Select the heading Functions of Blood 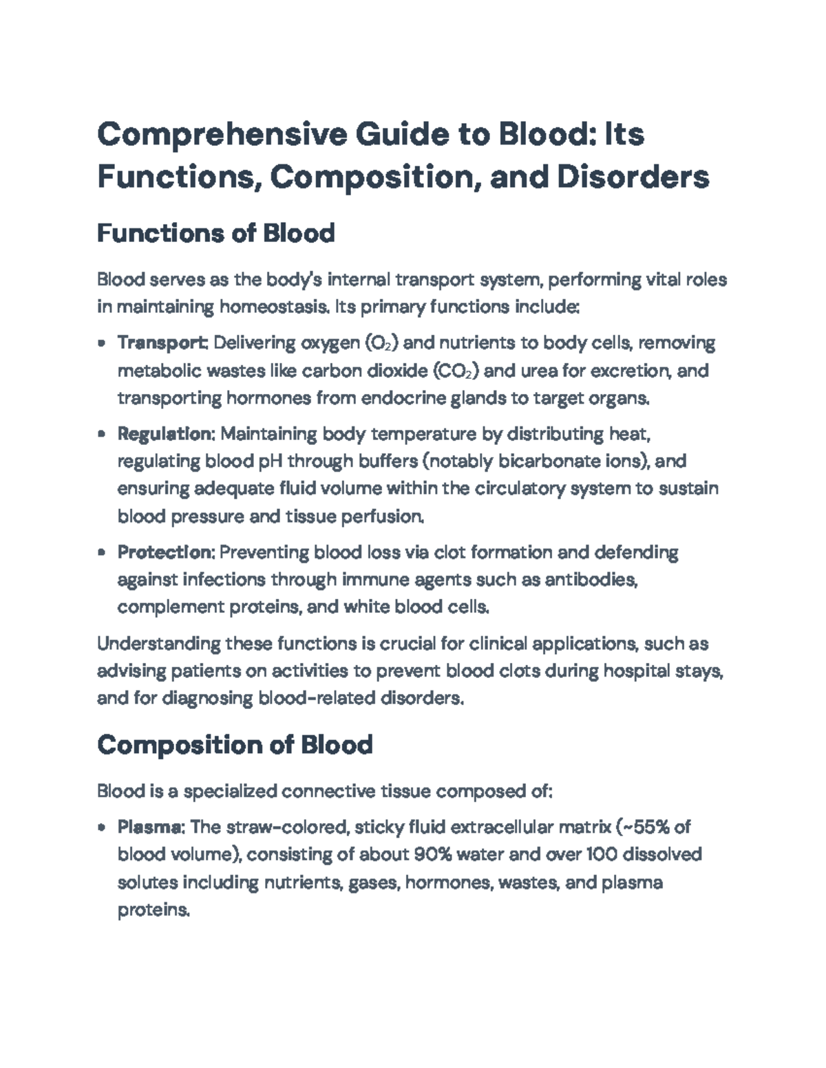pos(215,234)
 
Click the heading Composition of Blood pos(235,745)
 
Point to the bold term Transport pos(162,342)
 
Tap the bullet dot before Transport pos(102,343)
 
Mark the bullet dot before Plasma pos(102,827)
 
